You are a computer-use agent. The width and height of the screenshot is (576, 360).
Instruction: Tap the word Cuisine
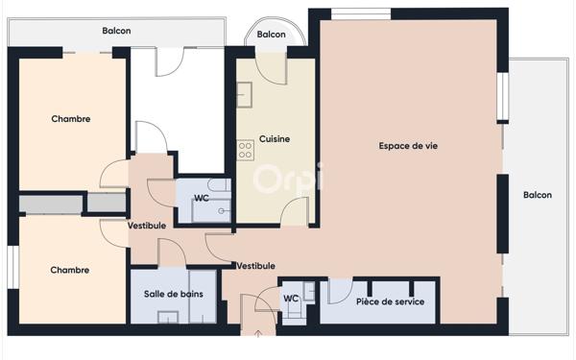275,139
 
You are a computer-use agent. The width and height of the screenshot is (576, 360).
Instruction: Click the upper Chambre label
70,120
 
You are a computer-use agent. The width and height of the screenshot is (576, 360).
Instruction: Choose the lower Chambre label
70,271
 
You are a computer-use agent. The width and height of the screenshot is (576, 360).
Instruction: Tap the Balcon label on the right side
538,195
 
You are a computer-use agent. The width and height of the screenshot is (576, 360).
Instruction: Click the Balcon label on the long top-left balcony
116,31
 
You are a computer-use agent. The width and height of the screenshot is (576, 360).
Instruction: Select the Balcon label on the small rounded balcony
272,35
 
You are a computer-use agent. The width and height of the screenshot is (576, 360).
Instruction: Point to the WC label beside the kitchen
202,199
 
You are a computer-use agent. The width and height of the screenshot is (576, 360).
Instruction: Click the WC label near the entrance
291,299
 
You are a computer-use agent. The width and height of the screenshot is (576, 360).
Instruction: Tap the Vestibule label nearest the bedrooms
147,226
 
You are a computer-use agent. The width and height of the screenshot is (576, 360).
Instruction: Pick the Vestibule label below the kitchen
255,266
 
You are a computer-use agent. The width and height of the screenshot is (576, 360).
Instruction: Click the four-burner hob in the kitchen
245,151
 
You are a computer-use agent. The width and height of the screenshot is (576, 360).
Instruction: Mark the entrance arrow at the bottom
256,333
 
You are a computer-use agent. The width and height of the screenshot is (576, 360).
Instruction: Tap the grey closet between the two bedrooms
72,204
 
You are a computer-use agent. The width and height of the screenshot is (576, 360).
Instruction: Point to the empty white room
177,110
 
